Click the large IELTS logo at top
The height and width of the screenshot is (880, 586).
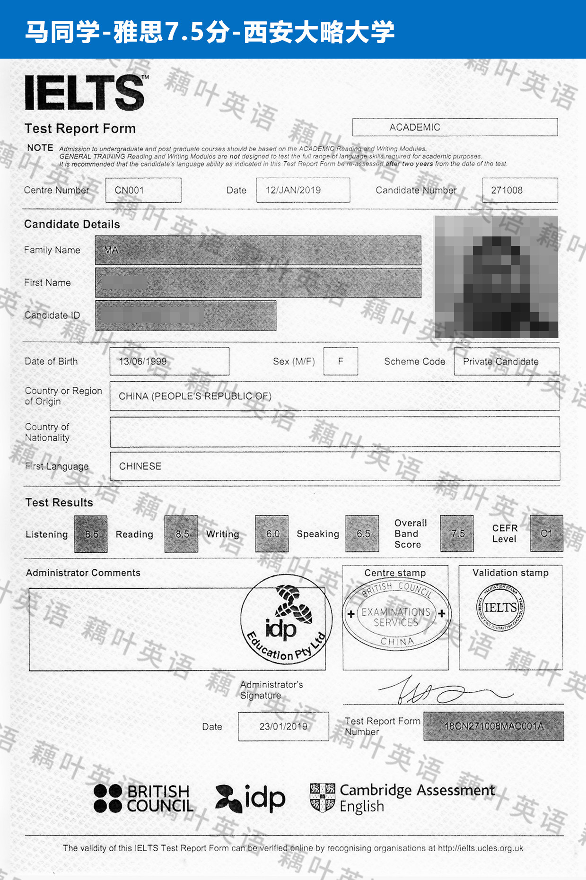(85, 93)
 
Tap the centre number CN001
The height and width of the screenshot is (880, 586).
(143, 190)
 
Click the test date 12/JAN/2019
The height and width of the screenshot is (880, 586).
(303, 190)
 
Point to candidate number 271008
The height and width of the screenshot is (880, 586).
(519, 190)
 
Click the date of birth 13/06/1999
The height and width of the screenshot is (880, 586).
(169, 361)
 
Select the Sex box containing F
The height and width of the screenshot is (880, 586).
(341, 361)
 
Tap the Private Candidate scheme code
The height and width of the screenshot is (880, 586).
(506, 361)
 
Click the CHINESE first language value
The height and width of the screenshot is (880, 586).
(140, 466)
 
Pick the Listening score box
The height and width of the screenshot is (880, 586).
(91, 534)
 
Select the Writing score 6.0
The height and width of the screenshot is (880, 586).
(272, 534)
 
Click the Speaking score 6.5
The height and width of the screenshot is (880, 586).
(362, 534)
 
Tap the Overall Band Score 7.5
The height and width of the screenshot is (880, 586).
(457, 534)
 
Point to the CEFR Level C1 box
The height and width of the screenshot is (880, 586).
(546, 534)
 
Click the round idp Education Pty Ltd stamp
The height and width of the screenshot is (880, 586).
(286, 619)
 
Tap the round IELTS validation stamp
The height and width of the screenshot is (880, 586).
(500, 607)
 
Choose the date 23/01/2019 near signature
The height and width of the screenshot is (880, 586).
(283, 726)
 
